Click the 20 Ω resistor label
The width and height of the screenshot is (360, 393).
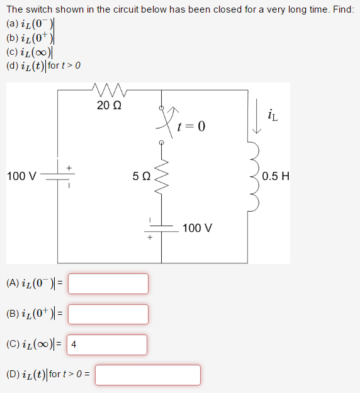(110, 105)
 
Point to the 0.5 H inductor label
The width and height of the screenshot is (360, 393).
(276, 176)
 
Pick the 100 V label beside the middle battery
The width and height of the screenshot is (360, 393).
(197, 227)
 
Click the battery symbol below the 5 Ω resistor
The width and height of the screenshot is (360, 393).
(161, 229)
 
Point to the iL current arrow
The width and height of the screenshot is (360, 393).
(256, 117)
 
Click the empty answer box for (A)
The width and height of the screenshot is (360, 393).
(108, 283)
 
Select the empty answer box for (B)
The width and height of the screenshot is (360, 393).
(108, 314)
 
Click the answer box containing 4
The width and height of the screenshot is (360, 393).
(108, 345)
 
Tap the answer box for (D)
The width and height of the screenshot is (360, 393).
(148, 375)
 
